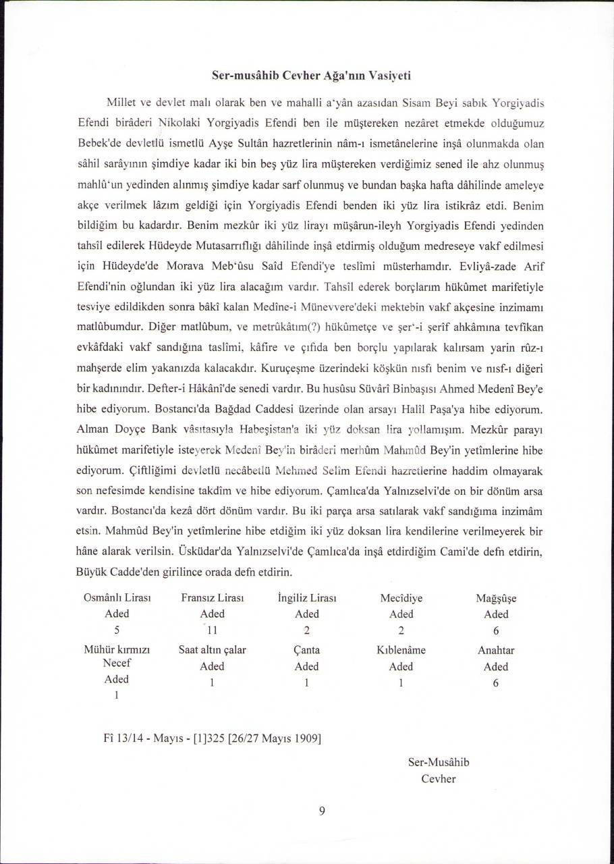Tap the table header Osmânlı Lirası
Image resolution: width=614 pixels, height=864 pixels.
[116, 598]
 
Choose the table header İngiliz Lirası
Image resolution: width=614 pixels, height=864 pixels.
[307, 598]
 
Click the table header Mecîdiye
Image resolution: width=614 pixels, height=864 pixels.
[401, 598]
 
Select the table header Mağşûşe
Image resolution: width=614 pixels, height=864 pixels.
[496, 598]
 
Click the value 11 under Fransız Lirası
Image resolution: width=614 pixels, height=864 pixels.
[212, 631]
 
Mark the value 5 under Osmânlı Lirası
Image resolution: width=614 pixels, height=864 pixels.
[117, 631]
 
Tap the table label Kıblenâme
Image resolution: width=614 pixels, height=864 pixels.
[401, 651]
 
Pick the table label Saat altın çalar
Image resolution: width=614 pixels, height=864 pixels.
[212, 651]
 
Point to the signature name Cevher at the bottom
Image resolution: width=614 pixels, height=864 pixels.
[439, 779]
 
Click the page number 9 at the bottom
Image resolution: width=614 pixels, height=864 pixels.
[322, 812]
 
